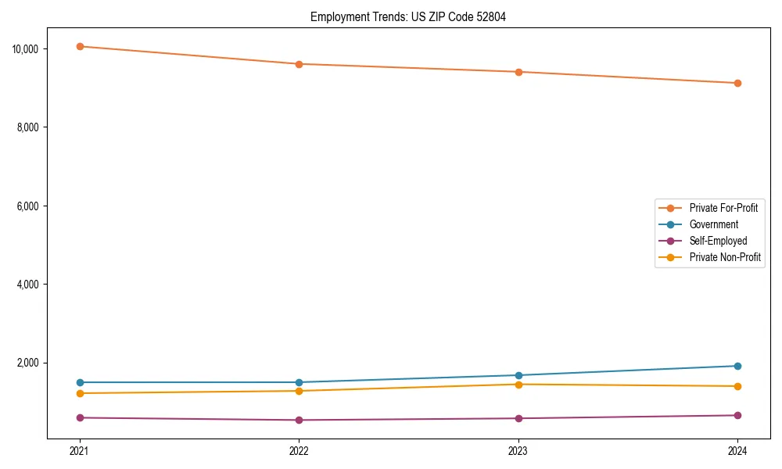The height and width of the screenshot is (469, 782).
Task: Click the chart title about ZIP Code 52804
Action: pos(408,17)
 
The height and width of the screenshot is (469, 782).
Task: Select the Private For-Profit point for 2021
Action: pos(80,46)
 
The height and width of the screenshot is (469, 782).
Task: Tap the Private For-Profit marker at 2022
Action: pos(299,64)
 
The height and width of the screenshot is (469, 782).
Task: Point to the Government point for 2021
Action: pos(80,382)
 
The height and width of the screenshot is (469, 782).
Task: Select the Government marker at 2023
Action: pos(518,375)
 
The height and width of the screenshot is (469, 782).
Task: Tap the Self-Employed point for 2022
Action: pos(299,420)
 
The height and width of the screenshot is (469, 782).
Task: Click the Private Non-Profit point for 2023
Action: pos(518,384)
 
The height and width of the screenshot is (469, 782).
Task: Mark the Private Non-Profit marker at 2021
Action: pos(80,393)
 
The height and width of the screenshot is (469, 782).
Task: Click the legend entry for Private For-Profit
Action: pos(723,208)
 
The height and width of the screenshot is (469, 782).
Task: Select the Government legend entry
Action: pos(713,224)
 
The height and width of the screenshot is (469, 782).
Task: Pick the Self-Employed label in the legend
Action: pos(718,241)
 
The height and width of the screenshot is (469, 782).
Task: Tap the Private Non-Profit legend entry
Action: pos(725,257)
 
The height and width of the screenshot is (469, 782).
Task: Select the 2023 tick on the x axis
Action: pos(518,450)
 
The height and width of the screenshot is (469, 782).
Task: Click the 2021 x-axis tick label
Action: pos(80,450)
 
